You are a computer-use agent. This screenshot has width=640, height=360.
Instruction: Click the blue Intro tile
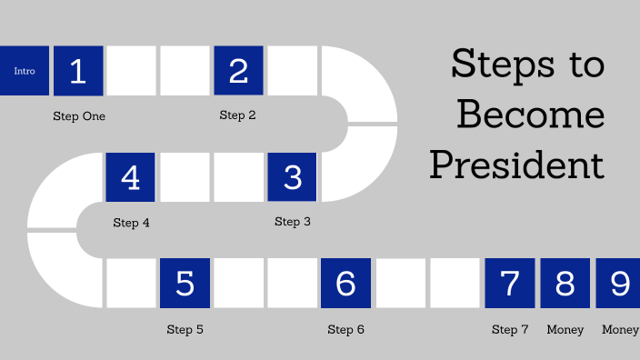[24, 71]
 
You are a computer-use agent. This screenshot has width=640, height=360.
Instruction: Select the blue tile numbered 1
[78, 71]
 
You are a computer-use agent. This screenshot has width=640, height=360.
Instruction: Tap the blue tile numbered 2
[238, 71]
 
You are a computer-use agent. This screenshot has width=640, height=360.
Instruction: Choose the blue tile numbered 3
[292, 177]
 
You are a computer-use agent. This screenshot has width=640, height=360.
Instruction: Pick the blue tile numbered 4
[131, 177]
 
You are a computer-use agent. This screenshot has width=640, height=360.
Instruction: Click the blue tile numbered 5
[185, 284]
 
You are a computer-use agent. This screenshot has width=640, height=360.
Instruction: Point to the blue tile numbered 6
[345, 284]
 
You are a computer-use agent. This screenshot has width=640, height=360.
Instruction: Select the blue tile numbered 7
[509, 284]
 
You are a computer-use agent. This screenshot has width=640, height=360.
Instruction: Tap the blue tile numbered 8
[565, 284]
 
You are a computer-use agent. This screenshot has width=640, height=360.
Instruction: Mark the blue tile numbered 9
[619, 284]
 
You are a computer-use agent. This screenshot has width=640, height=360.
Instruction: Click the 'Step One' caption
[78, 116]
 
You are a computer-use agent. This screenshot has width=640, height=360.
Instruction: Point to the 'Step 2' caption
[238, 115]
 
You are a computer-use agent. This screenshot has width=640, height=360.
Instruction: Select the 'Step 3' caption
[293, 222]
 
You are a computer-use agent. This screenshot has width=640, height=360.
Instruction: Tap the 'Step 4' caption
[131, 223]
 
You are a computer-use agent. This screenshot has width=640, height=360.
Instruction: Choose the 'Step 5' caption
[185, 330]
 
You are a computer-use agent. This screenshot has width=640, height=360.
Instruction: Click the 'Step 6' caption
[345, 330]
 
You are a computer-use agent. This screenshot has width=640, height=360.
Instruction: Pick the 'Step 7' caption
[509, 330]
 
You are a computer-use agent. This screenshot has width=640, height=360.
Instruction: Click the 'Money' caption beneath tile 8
[565, 330]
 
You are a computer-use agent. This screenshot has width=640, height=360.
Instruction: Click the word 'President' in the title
[517, 165]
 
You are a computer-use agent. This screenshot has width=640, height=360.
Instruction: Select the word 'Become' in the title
[530, 115]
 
